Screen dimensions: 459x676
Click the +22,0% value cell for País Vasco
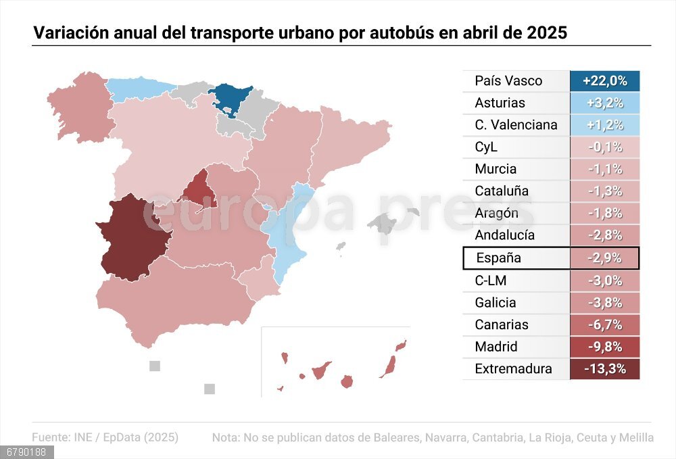pos(604,81)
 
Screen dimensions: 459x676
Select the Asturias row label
pos(500,103)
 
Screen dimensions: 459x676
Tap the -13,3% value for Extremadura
pos(604,369)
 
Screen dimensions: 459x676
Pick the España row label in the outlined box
pos(498,258)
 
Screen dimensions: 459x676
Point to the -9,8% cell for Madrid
pos(604,347)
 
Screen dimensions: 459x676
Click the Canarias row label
pos(502,324)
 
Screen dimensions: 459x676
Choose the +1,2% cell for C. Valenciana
pos(604,125)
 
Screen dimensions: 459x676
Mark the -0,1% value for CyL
pos(604,147)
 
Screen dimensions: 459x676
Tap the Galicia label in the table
pos(495,303)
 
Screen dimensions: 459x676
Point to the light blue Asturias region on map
pos(139,90)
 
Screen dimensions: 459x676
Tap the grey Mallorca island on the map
pos(383,221)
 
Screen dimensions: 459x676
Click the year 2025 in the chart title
pos(546,32)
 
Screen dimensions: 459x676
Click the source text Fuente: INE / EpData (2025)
pos(105,437)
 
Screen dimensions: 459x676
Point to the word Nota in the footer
pos(225,437)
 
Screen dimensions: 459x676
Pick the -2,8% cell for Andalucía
pos(604,235)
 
